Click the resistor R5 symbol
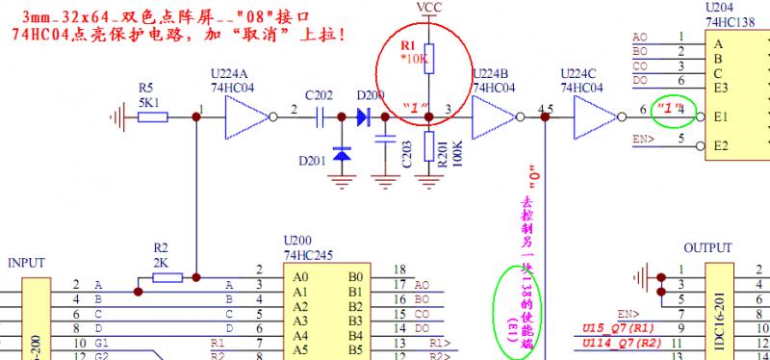pyautogui.click(x=153, y=116)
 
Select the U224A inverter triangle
pyautogui.click(x=244, y=116)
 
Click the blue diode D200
pyautogui.click(x=364, y=116)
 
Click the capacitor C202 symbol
pyautogui.click(x=321, y=116)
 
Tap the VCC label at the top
pyautogui.click(x=430, y=8)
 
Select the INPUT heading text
pyautogui.click(x=26, y=262)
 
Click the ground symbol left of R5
pyautogui.click(x=119, y=116)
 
